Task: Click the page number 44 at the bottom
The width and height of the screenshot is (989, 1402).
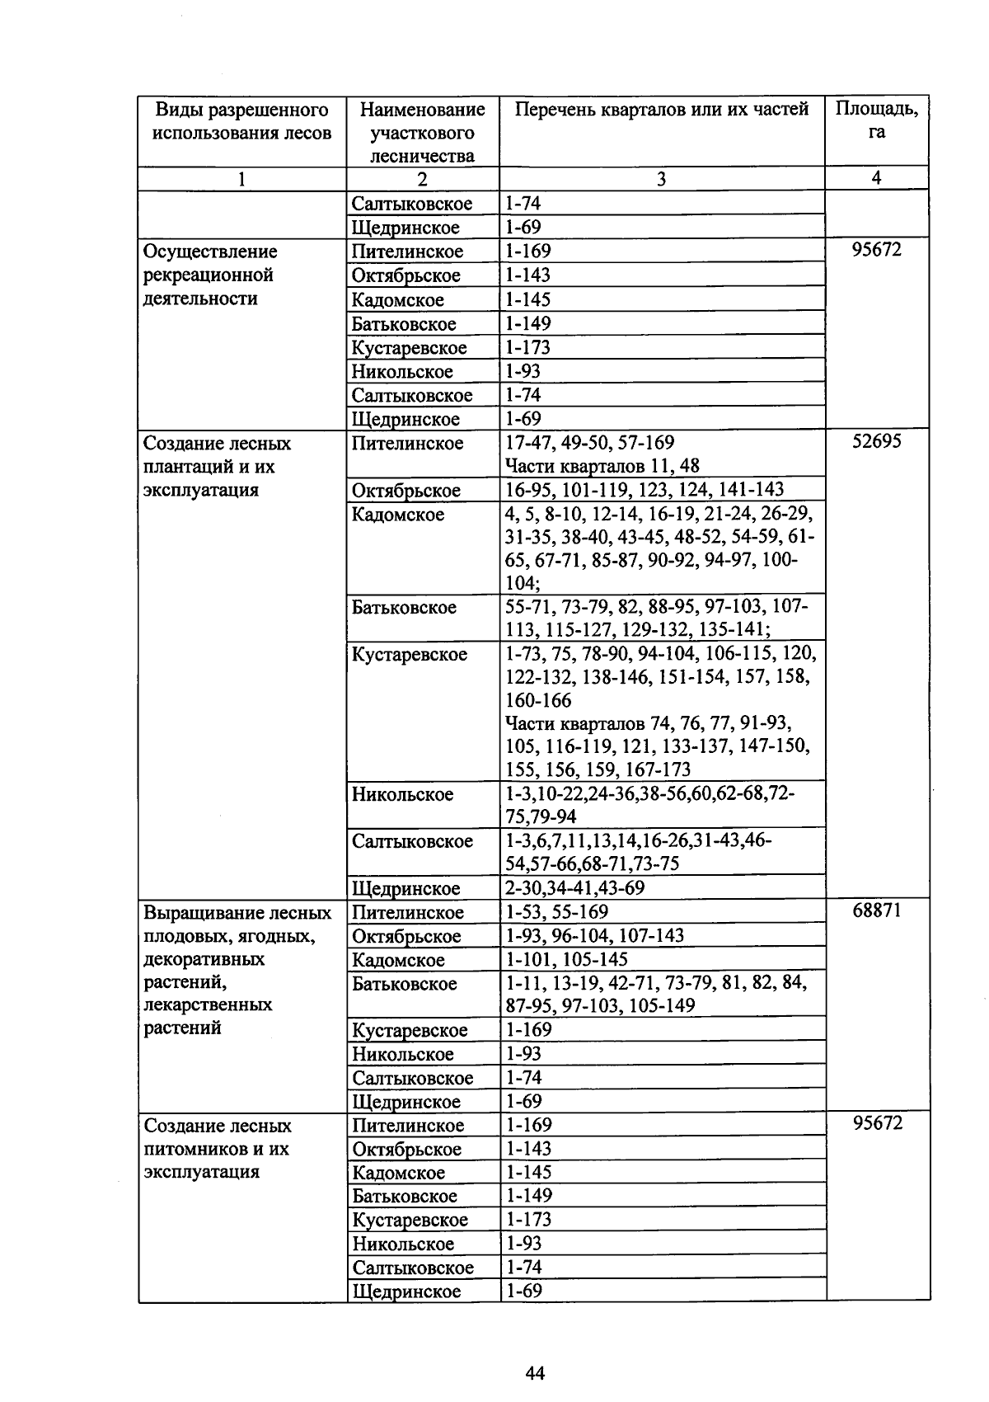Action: pyautogui.click(x=535, y=1373)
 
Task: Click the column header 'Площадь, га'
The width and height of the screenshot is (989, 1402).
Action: pyautogui.click(x=876, y=120)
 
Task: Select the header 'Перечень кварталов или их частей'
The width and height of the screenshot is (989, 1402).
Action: pyautogui.click(x=661, y=110)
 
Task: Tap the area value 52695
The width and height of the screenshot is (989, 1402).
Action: pyautogui.click(x=877, y=442)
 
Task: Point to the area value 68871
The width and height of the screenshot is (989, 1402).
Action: pyautogui.click(x=877, y=910)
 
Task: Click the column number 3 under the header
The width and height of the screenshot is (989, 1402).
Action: pyautogui.click(x=661, y=179)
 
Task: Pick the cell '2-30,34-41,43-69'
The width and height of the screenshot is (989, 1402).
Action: pyautogui.click(x=574, y=887)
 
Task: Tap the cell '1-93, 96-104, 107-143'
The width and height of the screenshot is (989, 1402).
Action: pyautogui.click(x=594, y=935)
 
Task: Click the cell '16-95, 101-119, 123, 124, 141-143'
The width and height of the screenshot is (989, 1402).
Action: pyautogui.click(x=644, y=489)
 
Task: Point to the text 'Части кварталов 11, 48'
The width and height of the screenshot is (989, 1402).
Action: pyautogui.click(x=602, y=466)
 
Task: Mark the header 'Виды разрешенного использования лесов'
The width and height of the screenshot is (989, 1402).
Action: pyautogui.click(x=241, y=121)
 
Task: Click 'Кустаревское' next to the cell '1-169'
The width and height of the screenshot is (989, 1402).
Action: pyautogui.click(x=410, y=1030)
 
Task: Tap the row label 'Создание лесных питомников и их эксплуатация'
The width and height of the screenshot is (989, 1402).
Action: pyautogui.click(x=217, y=1149)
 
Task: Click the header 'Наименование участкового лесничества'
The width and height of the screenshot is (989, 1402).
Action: pyautogui.click(x=423, y=133)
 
